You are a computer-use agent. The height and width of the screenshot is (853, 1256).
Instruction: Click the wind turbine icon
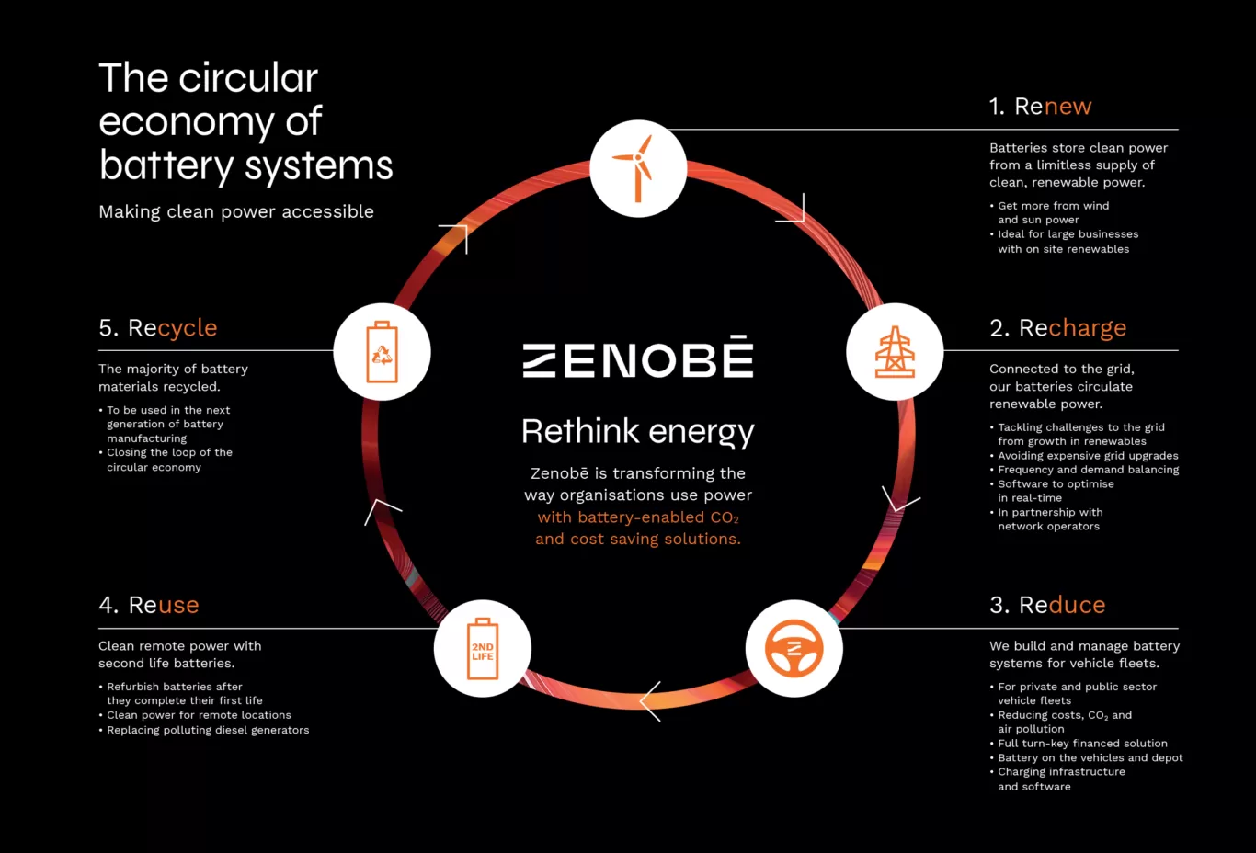[x=637, y=168]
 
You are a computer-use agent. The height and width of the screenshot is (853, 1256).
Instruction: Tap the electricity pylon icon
[x=895, y=352]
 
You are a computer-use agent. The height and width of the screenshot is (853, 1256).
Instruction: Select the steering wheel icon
[x=794, y=648]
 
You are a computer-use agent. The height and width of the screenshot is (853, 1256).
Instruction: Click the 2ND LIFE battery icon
[x=483, y=649]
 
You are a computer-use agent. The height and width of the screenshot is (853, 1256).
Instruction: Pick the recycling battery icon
[x=382, y=352]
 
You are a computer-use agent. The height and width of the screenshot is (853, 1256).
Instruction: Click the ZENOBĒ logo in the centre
[x=638, y=357]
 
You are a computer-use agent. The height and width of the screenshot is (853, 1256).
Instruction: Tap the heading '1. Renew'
[x=1040, y=106]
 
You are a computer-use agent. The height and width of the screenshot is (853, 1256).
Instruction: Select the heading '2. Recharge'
[x=1057, y=328]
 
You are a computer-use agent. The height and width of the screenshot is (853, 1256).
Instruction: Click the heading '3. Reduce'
[x=1047, y=605]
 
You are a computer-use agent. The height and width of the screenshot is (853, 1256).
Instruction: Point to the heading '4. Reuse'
[x=149, y=605]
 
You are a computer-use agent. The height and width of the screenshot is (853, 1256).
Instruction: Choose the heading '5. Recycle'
[x=157, y=328]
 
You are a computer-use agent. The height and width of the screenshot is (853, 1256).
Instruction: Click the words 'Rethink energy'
[x=638, y=432]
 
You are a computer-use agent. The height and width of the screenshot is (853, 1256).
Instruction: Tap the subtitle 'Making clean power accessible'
[x=236, y=211]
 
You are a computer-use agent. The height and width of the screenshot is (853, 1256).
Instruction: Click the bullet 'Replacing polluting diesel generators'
[x=204, y=730]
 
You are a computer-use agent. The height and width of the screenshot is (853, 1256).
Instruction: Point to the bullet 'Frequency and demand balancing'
[x=1084, y=470]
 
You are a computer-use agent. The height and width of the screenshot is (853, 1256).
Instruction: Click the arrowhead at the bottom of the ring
[x=649, y=701]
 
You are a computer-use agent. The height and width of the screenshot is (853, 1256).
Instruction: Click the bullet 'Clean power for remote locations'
[x=195, y=715]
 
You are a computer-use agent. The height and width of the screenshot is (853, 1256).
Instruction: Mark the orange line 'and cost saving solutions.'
[x=638, y=539]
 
